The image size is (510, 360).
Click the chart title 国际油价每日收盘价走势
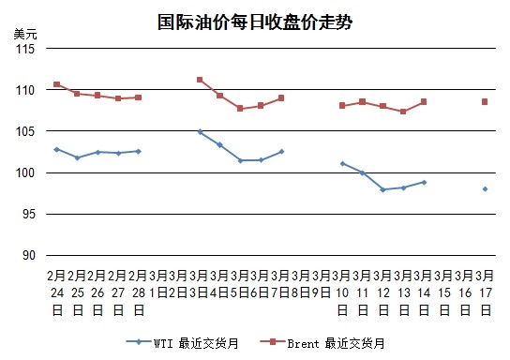[x=255, y=22]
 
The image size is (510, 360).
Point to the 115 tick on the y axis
[x=24, y=49]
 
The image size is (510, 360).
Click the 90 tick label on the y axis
[x=27, y=255]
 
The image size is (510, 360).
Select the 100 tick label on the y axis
[x=24, y=172]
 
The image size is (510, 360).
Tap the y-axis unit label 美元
[x=25, y=34]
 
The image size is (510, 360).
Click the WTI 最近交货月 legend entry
[x=183, y=343]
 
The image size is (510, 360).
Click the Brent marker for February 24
[x=56, y=84]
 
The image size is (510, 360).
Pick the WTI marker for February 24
[x=56, y=149]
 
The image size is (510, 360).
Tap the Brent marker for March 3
[x=200, y=80]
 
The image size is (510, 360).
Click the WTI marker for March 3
[x=200, y=132]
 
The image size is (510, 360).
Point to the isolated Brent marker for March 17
[x=486, y=101]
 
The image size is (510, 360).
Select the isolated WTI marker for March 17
[x=486, y=188]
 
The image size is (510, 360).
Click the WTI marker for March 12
[x=383, y=189]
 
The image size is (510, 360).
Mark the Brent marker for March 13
[x=403, y=112]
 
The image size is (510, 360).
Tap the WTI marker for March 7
[x=281, y=151]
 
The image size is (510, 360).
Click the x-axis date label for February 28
[x=138, y=292]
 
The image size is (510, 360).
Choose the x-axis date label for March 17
[x=486, y=292]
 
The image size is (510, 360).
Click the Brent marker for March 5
[x=240, y=108]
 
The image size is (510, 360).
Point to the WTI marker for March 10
[x=342, y=163]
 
